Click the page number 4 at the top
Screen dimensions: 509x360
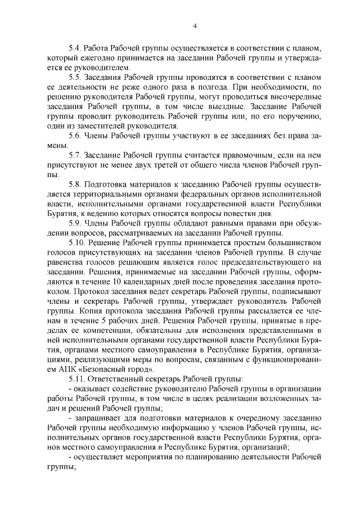coord(194,25)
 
